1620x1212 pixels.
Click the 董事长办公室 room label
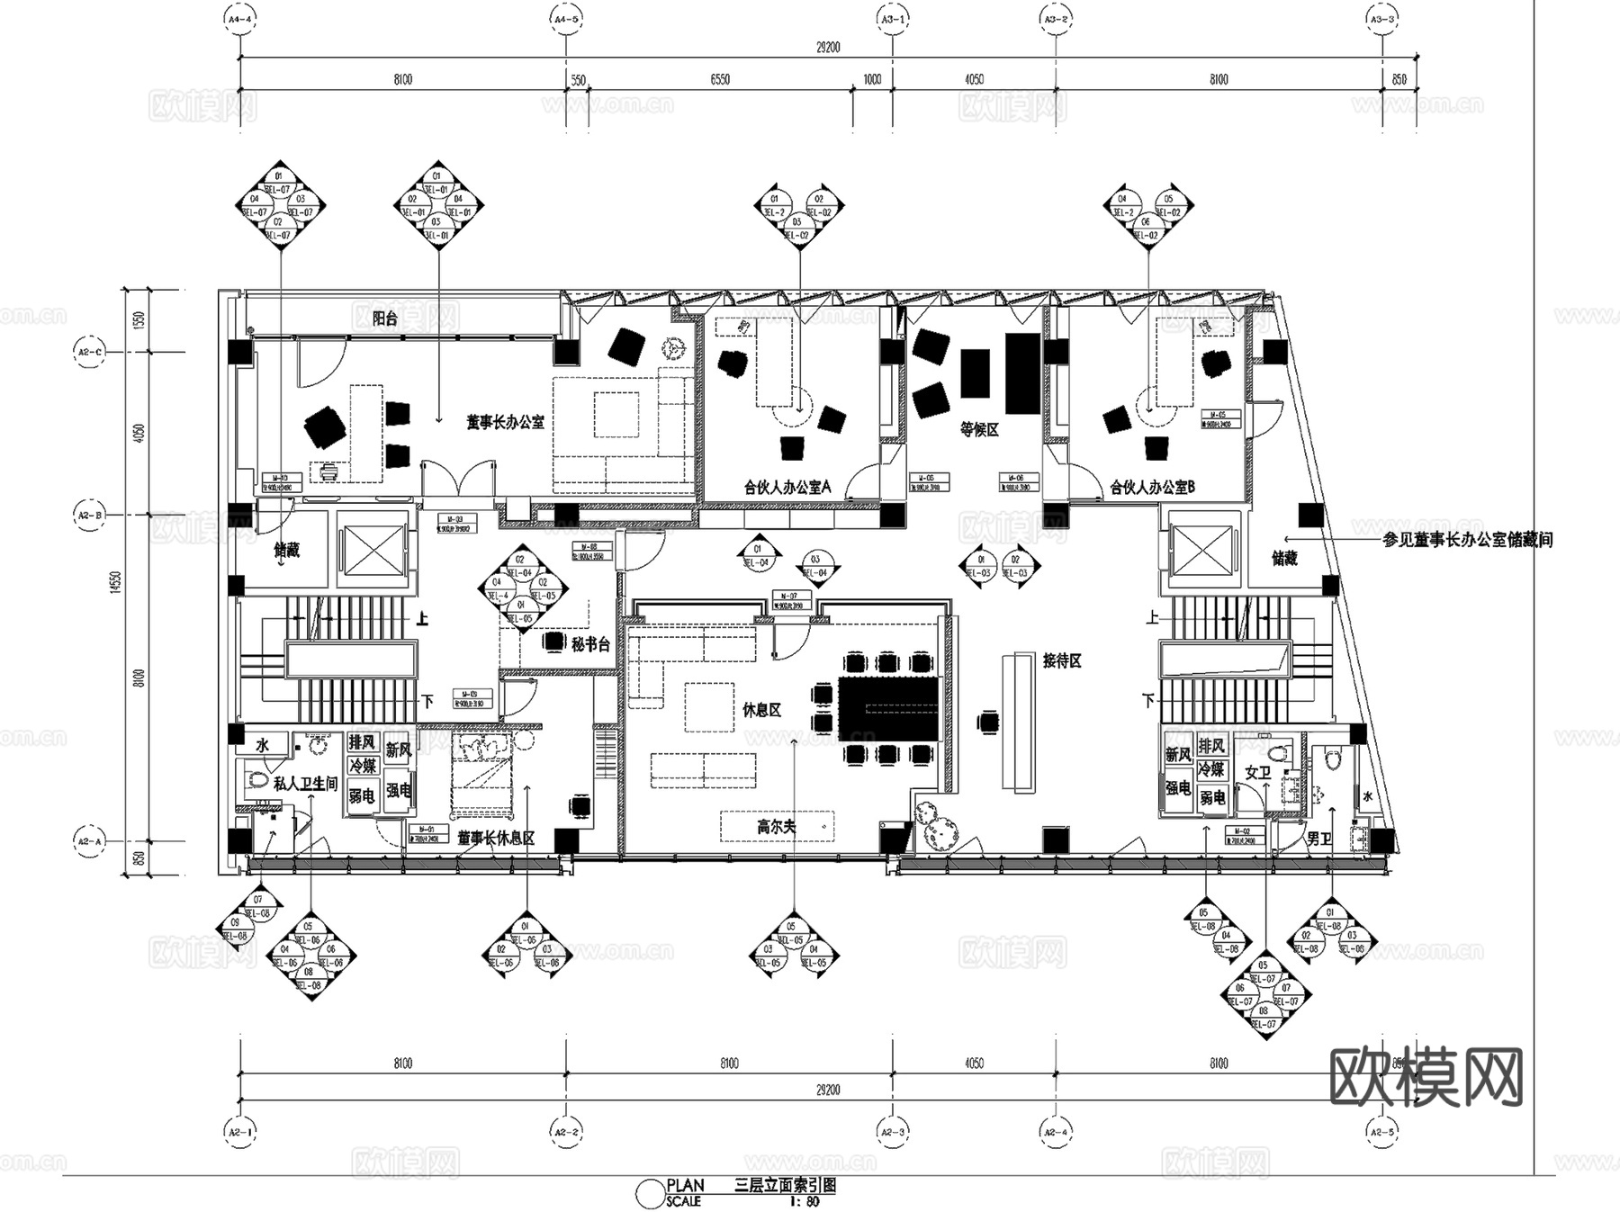click(x=505, y=421)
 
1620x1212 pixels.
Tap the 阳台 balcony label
click(x=385, y=319)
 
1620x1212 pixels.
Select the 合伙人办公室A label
click(x=787, y=487)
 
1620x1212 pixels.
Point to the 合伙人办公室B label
click(x=1152, y=487)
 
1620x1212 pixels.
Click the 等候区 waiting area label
click(x=979, y=430)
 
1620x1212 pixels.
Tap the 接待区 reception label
click(x=1062, y=660)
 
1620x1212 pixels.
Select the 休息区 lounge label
click(x=761, y=710)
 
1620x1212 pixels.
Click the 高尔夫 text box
click(x=776, y=825)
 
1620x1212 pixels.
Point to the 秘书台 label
click(x=590, y=644)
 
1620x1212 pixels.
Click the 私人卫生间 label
click(x=305, y=784)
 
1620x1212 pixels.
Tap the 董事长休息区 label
click(x=496, y=838)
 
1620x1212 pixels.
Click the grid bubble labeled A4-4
click(x=239, y=18)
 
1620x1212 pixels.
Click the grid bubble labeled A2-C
click(x=88, y=352)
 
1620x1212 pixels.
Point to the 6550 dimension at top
click(x=720, y=79)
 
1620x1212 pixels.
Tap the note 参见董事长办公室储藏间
click(x=1467, y=540)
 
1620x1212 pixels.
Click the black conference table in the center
click(x=888, y=708)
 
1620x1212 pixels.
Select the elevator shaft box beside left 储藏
click(x=372, y=550)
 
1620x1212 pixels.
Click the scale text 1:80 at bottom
click(x=805, y=1201)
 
